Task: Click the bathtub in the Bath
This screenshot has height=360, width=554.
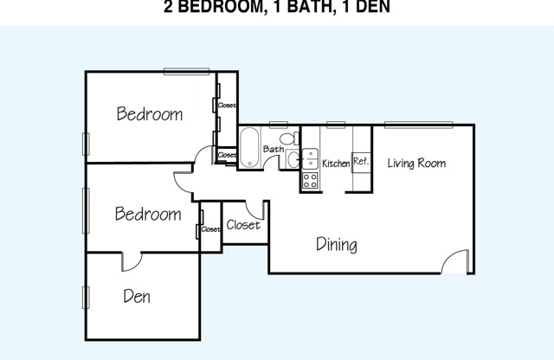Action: (249, 148)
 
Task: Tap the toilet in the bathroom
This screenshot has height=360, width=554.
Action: (289, 138)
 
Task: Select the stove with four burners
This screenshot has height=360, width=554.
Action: (310, 181)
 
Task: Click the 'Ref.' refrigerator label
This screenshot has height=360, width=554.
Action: (361, 162)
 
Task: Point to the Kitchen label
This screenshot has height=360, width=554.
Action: (336, 164)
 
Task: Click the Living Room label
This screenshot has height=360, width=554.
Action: (416, 163)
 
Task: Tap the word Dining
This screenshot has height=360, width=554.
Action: (337, 245)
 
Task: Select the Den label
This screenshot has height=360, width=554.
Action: (137, 296)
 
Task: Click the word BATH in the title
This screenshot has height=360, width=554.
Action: (310, 7)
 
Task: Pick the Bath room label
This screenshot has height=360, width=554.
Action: (274, 149)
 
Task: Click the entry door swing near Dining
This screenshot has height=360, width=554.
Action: (455, 261)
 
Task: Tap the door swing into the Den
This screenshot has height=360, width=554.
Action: (132, 262)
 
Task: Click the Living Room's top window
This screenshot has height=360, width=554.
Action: (418, 125)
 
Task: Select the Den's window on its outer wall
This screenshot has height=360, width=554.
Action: (86, 298)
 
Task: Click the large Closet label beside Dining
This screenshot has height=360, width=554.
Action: (243, 225)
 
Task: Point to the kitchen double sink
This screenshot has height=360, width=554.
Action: (310, 159)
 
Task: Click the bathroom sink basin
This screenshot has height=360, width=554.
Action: (293, 160)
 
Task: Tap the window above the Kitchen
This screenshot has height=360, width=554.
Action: (336, 125)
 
